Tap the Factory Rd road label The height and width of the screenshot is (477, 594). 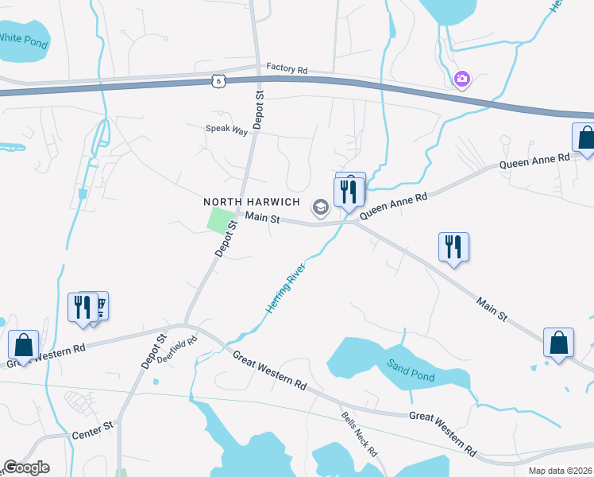pos(287,69)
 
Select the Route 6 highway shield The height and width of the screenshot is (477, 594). pos(219,80)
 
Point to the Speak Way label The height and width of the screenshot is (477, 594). pos(227,129)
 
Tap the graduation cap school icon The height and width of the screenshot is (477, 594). pos(320,208)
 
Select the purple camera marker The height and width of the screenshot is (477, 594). pos(461,79)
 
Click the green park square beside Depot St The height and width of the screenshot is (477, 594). pos(222,220)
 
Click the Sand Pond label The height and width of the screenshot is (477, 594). pos(411,370)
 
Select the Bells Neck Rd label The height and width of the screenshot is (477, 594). pos(359,433)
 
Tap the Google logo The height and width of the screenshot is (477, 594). pos(26,467)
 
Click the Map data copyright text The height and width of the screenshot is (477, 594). pos(560,471)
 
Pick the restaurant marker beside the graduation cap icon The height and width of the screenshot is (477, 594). pos(350,192)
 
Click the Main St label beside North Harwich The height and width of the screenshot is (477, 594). pos(263,217)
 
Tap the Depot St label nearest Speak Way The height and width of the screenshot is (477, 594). pos(259,109)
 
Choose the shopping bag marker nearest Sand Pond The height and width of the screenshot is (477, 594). pos(559,343)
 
